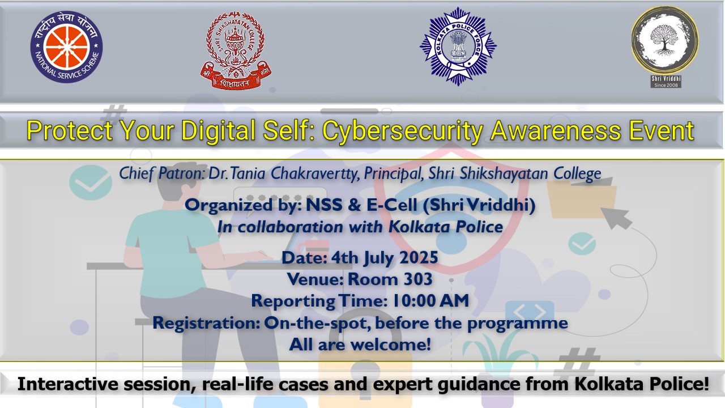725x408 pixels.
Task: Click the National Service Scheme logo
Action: click(66, 46)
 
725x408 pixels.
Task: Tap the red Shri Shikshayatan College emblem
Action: click(236, 50)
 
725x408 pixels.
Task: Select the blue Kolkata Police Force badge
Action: click(458, 46)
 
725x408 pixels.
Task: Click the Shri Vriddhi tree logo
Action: click(665, 40)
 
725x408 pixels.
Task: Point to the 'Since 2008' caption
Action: click(666, 85)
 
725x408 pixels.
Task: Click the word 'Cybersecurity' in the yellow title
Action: click(403, 131)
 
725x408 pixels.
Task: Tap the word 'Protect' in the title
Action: click(69, 130)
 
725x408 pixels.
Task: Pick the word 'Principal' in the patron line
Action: click(394, 174)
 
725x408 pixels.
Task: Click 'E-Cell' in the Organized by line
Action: click(391, 205)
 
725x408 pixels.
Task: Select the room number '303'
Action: click(416, 279)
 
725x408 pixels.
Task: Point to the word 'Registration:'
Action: click(206, 323)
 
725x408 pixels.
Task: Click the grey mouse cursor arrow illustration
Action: click(616, 218)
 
